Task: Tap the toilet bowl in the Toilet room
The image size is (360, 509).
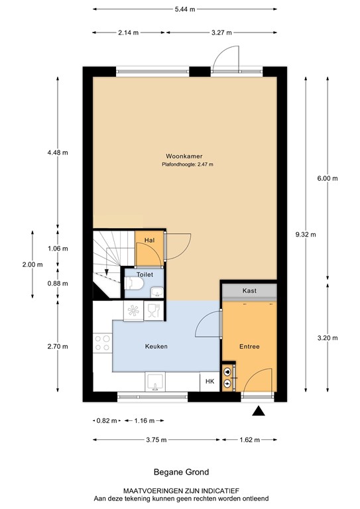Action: click(133, 284)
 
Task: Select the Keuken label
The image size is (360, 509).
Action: click(156, 347)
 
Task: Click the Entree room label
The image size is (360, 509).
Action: click(249, 347)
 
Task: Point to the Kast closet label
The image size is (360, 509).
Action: click(249, 291)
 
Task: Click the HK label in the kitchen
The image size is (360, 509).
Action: click(210, 381)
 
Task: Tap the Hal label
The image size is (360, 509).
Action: click(149, 239)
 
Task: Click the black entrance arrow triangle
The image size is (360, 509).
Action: click(259, 412)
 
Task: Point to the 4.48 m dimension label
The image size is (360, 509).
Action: click(58, 152)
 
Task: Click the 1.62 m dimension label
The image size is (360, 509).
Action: click(249, 439)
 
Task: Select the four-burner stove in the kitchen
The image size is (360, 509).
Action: click(102, 342)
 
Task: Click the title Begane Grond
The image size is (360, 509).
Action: click(180, 472)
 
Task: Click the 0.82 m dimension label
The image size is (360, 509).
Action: click(107, 421)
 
